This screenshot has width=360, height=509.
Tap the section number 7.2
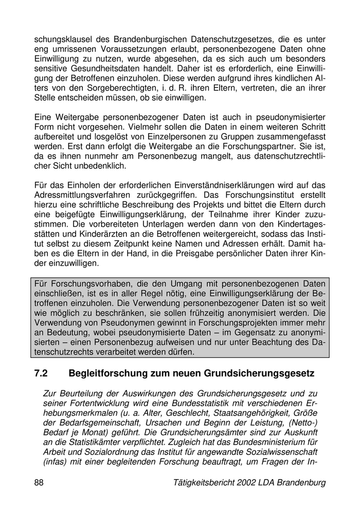click(x=41, y=373)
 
